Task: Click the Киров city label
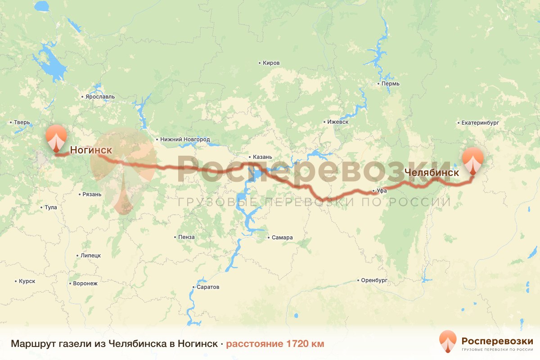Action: coord(271,63)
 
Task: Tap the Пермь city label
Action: coord(390,84)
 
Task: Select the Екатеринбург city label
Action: coord(481,122)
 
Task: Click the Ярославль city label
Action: coord(100,97)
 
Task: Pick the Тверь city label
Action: coord(22,122)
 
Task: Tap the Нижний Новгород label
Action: coord(185,139)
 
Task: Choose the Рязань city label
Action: coord(92,194)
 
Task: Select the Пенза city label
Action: coord(186,237)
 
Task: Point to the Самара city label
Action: coord(282,238)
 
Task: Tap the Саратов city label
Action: coord(208,287)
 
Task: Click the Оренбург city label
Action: coord(374,280)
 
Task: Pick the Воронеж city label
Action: coord(85,283)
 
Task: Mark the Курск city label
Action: coord(27,281)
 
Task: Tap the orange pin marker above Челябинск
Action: coord(473,161)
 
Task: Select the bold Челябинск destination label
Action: coord(432,172)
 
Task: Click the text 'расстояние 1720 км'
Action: coord(275,344)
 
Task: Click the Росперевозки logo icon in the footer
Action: coord(448,342)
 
